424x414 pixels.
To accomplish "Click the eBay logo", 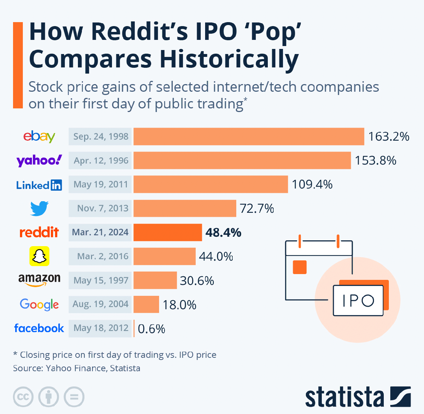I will pyautogui.click(x=39, y=136).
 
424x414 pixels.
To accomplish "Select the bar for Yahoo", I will pyautogui.click(x=242, y=160).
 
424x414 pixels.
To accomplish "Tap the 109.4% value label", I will pyautogui.click(x=312, y=185).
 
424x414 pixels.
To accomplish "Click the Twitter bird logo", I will pyautogui.click(x=39, y=208).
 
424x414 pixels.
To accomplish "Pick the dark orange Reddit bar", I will pyautogui.click(x=167, y=232).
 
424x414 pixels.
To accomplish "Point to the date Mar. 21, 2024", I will pyautogui.click(x=100, y=232).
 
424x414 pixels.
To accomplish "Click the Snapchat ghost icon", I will pyautogui.click(x=39, y=256).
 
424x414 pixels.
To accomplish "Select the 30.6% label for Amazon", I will pyautogui.click(x=197, y=281).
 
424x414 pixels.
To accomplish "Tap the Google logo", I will pyautogui.click(x=39, y=305).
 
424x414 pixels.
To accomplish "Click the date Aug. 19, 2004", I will pyautogui.click(x=100, y=304).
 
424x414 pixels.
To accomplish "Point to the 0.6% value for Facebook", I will pyautogui.click(x=151, y=329).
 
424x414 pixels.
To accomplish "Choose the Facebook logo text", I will pyautogui.click(x=39, y=328).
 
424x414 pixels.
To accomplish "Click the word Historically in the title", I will pyautogui.click(x=228, y=59).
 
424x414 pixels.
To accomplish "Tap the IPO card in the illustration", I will pyautogui.click(x=358, y=301).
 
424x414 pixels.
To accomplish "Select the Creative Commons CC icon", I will pyautogui.click(x=23, y=397).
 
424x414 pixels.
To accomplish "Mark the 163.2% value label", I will pyautogui.click(x=388, y=136).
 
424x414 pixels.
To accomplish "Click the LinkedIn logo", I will pyautogui.click(x=39, y=185).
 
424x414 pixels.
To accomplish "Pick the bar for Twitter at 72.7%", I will pyautogui.click(x=185, y=208).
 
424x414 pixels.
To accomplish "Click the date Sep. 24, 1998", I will pyautogui.click(x=100, y=136).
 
